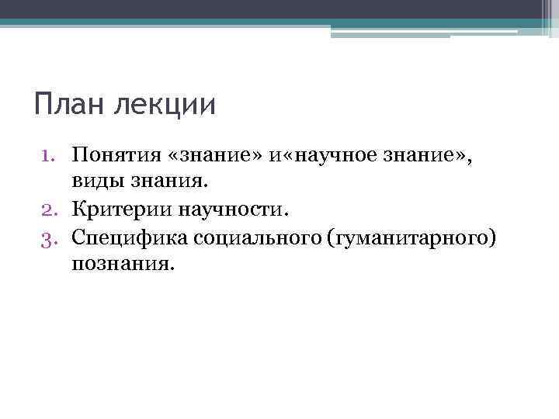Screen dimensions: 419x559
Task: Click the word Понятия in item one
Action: coord(114,157)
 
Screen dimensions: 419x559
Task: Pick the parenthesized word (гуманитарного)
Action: coord(411,236)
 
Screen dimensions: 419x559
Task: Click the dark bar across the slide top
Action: coord(264,9)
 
